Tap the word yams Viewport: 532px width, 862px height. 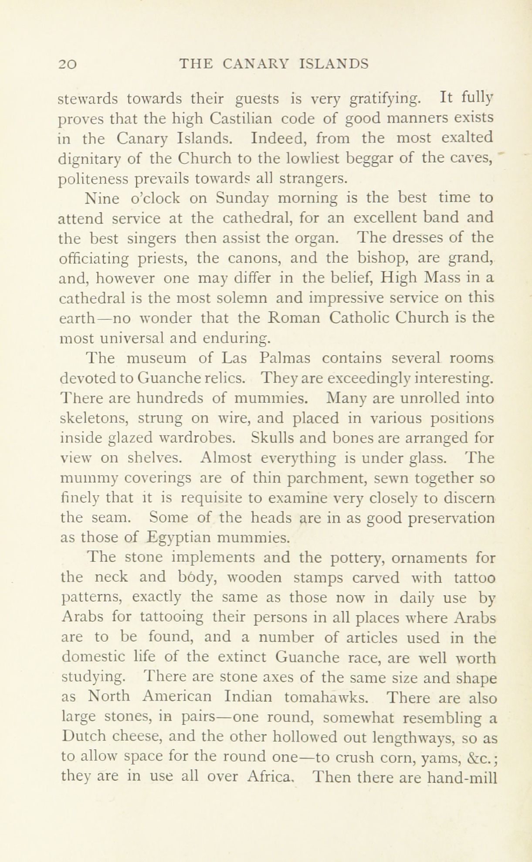(x=452, y=759)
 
